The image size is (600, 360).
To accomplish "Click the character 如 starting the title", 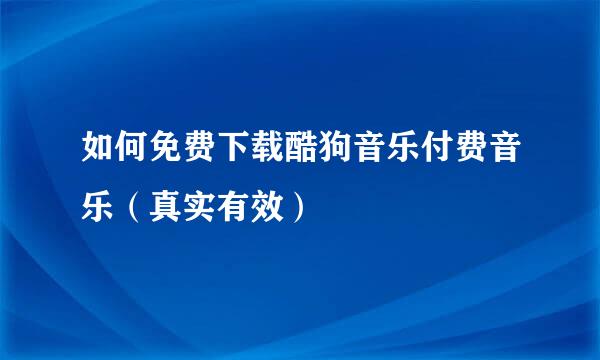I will point(98,155).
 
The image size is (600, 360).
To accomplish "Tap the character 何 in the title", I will point(134,155).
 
